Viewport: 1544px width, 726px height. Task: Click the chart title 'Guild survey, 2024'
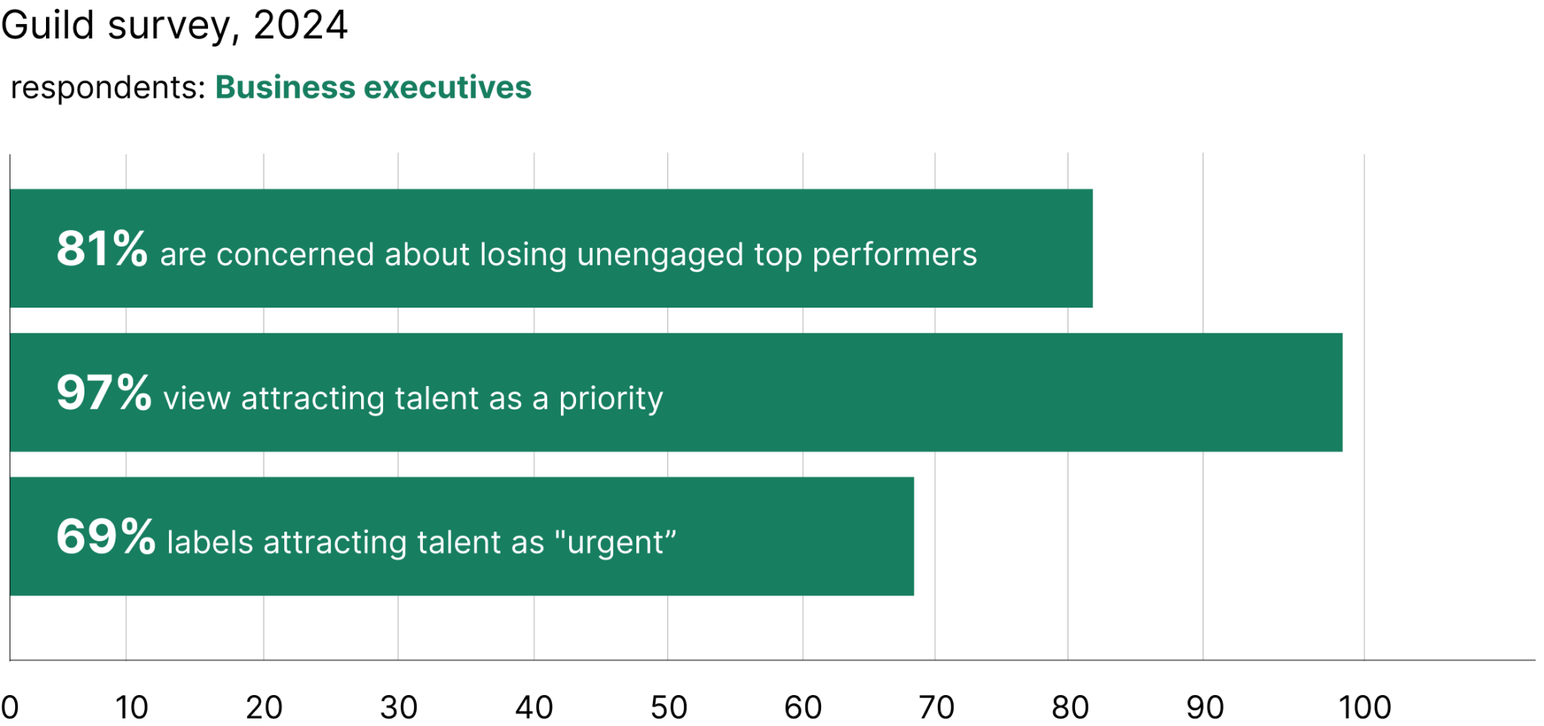tap(174, 26)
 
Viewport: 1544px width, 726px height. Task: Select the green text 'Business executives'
tap(373, 88)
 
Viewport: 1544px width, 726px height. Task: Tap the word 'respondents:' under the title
tap(108, 88)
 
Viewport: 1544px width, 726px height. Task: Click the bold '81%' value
tap(102, 249)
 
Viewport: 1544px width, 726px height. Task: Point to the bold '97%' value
tap(104, 393)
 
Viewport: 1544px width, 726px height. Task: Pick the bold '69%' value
tap(106, 537)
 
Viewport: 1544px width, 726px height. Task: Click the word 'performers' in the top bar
tap(894, 256)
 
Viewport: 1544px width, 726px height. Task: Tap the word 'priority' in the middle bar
tap(611, 400)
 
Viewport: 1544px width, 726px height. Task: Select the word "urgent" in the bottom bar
tap(615, 543)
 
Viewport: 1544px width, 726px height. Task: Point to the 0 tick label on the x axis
tap(10, 708)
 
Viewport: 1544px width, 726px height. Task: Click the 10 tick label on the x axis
tap(131, 708)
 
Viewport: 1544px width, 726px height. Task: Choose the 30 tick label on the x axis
tap(399, 708)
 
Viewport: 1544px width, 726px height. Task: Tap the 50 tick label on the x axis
tap(669, 708)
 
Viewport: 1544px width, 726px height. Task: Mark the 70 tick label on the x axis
tap(936, 708)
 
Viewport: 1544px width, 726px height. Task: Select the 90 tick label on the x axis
tap(1205, 708)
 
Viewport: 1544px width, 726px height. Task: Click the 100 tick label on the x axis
tap(1365, 708)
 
